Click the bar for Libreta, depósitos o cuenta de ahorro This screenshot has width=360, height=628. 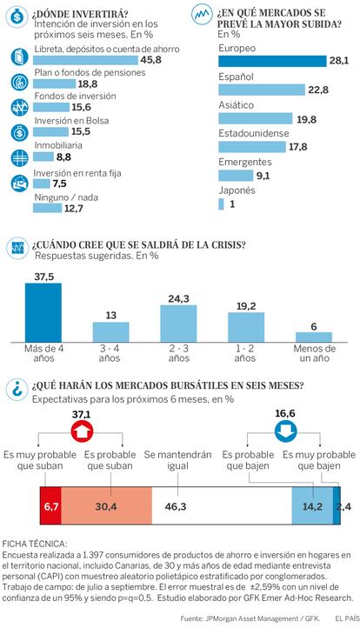click(x=85, y=60)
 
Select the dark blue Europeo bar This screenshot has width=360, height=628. click(x=272, y=61)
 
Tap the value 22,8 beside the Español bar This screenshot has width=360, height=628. click(x=318, y=90)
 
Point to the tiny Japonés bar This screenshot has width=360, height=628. click(x=221, y=204)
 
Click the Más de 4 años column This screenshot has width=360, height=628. click(x=43, y=312)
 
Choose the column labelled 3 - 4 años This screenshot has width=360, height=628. click(x=111, y=332)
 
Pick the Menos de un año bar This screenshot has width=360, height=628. click(x=314, y=337)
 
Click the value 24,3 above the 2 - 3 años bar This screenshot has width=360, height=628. click(x=178, y=299)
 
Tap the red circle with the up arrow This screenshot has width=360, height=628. click(x=82, y=431)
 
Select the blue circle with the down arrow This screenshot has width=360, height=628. click(x=285, y=431)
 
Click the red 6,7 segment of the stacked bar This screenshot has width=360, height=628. click(x=50, y=506)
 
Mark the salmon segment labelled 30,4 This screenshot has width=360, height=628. click(x=106, y=506)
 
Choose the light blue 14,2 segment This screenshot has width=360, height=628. click(x=312, y=506)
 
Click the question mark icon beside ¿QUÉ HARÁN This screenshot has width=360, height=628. click(x=17, y=390)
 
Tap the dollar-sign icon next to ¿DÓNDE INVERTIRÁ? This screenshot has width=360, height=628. click(x=17, y=17)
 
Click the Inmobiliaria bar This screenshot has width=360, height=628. click(x=43, y=157)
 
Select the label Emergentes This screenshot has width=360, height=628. click(x=244, y=162)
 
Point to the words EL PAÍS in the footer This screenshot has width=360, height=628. click(x=347, y=618)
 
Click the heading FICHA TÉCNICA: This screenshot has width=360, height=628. click(x=35, y=544)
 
